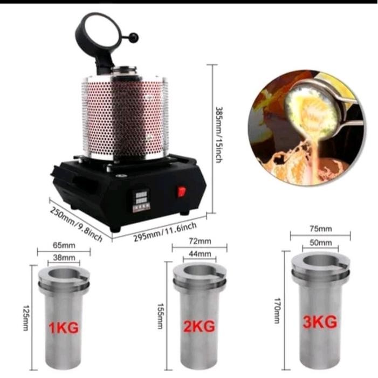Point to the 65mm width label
(x=64, y=244)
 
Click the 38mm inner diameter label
(x=63, y=257)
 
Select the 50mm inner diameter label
(x=321, y=243)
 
